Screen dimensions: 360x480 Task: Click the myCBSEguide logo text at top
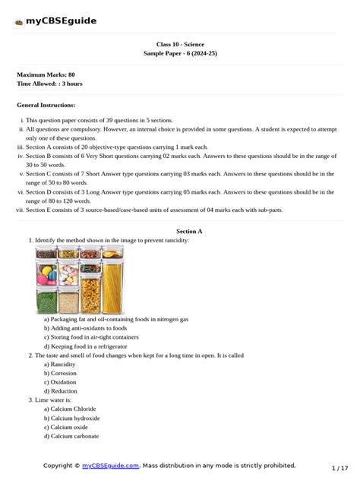(x=61, y=21)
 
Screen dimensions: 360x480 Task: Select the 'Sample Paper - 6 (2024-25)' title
(x=179, y=55)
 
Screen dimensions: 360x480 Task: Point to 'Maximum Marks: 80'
(x=46, y=74)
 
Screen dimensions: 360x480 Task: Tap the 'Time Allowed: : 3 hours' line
(x=49, y=84)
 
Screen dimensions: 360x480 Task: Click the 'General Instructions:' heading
(x=46, y=105)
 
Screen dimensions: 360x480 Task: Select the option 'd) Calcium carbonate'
(x=71, y=437)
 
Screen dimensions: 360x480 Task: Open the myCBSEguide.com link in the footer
(x=111, y=465)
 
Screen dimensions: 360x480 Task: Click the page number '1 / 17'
(x=339, y=468)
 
